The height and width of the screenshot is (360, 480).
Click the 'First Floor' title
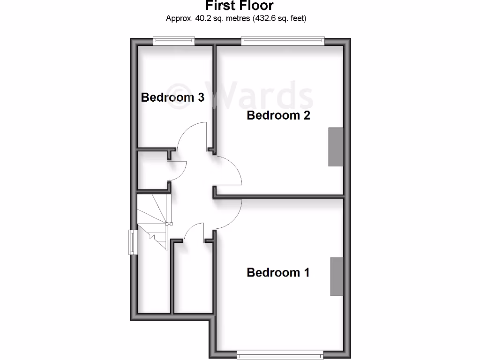point(240,6)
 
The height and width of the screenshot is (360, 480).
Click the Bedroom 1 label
point(278,272)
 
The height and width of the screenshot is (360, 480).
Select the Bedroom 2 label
point(278,115)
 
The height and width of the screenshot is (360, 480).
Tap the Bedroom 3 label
point(172,97)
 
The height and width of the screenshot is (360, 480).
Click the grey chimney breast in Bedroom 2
point(335,146)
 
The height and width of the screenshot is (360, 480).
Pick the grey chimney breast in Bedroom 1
point(337,277)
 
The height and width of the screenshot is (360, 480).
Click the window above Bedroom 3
point(174,41)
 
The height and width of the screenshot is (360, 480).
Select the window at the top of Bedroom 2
point(283,41)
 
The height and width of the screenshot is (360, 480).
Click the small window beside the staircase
point(132,242)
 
